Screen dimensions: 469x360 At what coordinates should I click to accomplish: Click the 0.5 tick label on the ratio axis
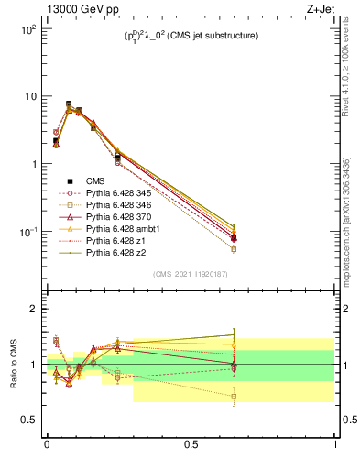pos(28,420)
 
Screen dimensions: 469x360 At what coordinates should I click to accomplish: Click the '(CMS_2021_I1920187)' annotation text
pos(191,274)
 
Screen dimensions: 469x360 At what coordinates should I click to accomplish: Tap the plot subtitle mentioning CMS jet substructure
pos(191,37)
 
